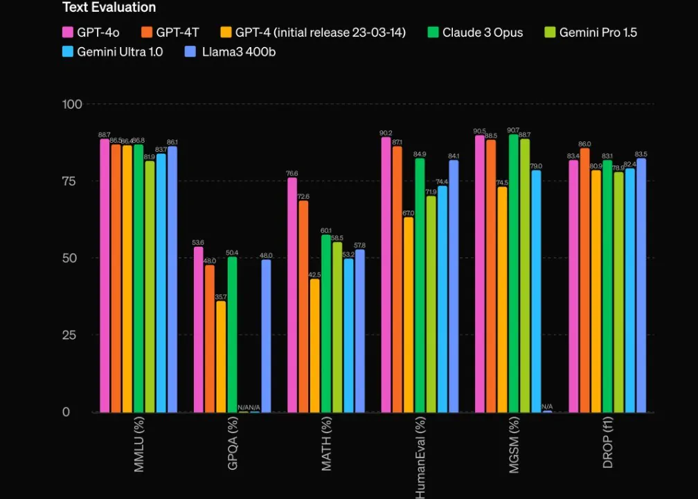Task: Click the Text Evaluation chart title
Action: point(109,8)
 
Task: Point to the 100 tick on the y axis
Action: point(72,104)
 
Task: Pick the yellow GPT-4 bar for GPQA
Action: point(221,356)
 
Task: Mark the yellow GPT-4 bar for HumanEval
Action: point(409,315)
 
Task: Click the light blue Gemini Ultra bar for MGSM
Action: point(536,291)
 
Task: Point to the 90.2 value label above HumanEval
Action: point(386,132)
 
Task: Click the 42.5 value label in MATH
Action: point(314,274)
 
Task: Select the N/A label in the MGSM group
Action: point(547,406)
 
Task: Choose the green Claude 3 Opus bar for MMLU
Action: point(138,278)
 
